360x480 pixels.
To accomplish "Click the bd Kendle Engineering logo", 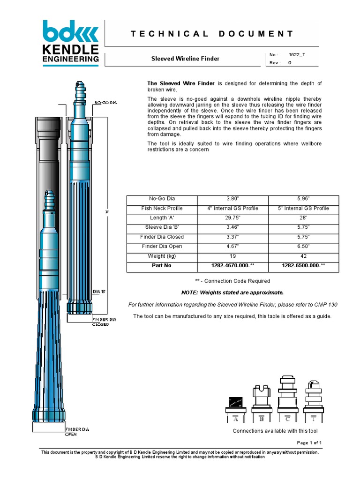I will [70, 41].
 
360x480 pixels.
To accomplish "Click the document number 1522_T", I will [297, 54].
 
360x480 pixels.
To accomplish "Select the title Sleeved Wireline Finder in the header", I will [185, 59].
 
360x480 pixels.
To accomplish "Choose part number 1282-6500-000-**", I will [303, 266].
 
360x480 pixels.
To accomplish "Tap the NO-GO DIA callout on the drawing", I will [105, 102].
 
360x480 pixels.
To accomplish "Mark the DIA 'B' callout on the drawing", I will [99, 291].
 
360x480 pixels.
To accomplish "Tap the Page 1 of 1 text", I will [309, 443].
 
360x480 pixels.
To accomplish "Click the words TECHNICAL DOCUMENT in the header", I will [212, 34].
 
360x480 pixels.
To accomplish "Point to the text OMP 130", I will [326, 305].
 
